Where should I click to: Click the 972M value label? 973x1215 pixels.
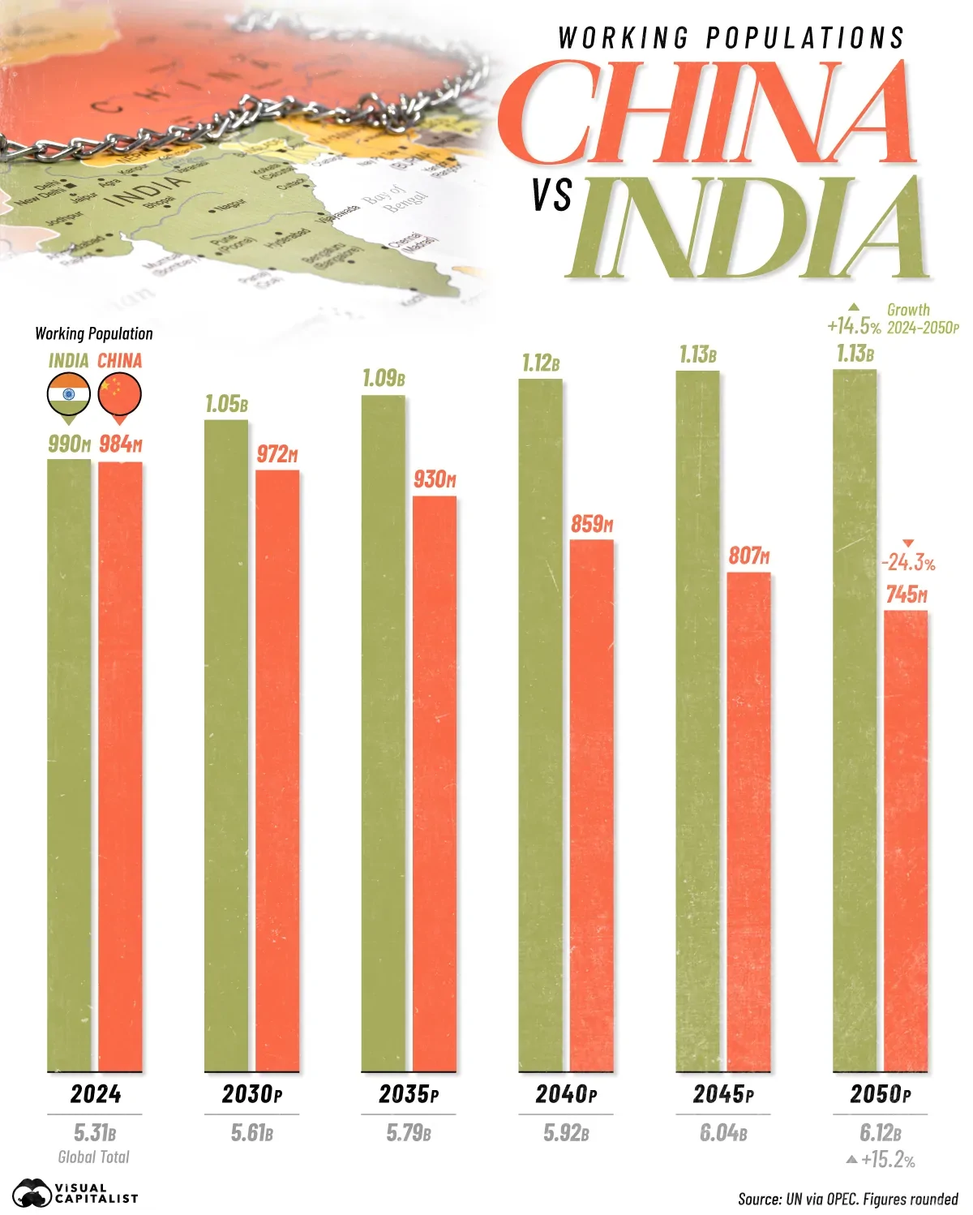pyautogui.click(x=277, y=455)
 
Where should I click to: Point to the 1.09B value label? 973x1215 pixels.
pyautogui.click(x=384, y=379)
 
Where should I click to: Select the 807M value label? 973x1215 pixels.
pyautogui.click(x=748, y=556)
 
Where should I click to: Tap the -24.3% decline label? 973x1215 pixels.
pyautogui.click(x=908, y=562)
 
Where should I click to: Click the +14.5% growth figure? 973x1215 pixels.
pyautogui.click(x=853, y=326)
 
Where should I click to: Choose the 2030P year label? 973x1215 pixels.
pyautogui.click(x=252, y=1095)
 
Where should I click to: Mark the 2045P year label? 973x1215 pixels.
pyautogui.click(x=723, y=1095)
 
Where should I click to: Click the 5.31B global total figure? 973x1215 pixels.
pyautogui.click(x=95, y=1132)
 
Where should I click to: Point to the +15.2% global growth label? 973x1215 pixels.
pyautogui.click(x=888, y=1161)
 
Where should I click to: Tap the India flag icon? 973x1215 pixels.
pyautogui.click(x=69, y=395)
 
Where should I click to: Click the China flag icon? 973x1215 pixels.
pyautogui.click(x=120, y=395)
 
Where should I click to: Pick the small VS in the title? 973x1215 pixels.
pyautogui.click(x=552, y=196)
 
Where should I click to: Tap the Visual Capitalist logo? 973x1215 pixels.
pyautogui.click(x=75, y=1193)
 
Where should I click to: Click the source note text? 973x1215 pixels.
pyautogui.click(x=847, y=1199)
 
